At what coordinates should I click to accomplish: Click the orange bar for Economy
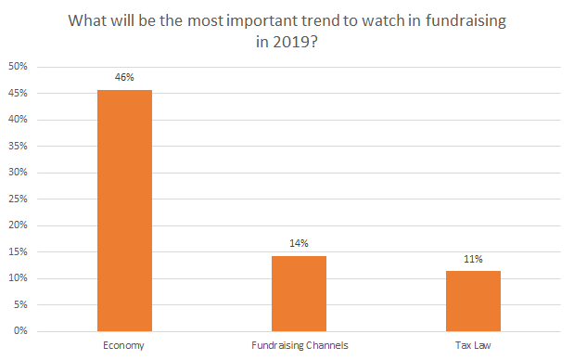pyautogui.click(x=125, y=211)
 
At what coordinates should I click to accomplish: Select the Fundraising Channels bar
pyautogui.click(x=299, y=293)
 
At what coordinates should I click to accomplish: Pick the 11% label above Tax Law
pyautogui.click(x=473, y=260)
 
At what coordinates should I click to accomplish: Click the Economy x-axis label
pyautogui.click(x=125, y=345)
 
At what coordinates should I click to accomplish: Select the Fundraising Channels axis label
pyautogui.click(x=299, y=345)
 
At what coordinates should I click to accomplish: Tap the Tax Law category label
pyautogui.click(x=473, y=345)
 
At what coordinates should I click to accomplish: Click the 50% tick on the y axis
pyautogui.click(x=18, y=68)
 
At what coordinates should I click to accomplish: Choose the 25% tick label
pyautogui.click(x=18, y=199)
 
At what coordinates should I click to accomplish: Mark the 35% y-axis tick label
pyautogui.click(x=18, y=147)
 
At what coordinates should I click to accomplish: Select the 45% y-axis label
pyautogui.click(x=18, y=94)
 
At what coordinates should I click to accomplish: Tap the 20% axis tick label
pyautogui.click(x=18, y=225)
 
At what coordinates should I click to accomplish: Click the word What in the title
pyautogui.click(x=86, y=21)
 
